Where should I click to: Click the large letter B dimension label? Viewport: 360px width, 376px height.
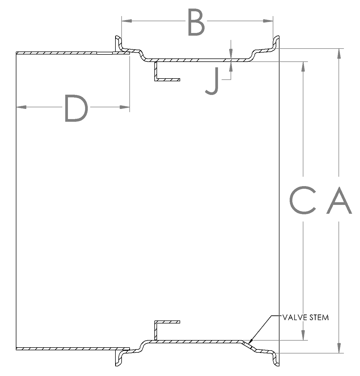[x=196, y=22]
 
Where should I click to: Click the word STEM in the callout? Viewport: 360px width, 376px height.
[x=319, y=318]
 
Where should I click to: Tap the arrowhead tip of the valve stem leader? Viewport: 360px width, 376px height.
[x=249, y=343]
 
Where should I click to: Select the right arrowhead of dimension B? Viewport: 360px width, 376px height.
[x=268, y=21]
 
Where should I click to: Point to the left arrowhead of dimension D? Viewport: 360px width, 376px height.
[x=21, y=107]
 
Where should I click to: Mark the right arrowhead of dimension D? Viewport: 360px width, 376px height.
[x=125, y=107]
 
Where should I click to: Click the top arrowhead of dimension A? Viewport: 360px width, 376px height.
[x=339, y=53]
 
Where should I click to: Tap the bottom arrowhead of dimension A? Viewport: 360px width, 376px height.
[x=339, y=348]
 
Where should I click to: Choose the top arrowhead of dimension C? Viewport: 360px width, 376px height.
[x=303, y=67]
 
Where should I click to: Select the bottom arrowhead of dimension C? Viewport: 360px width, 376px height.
[x=303, y=336]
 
